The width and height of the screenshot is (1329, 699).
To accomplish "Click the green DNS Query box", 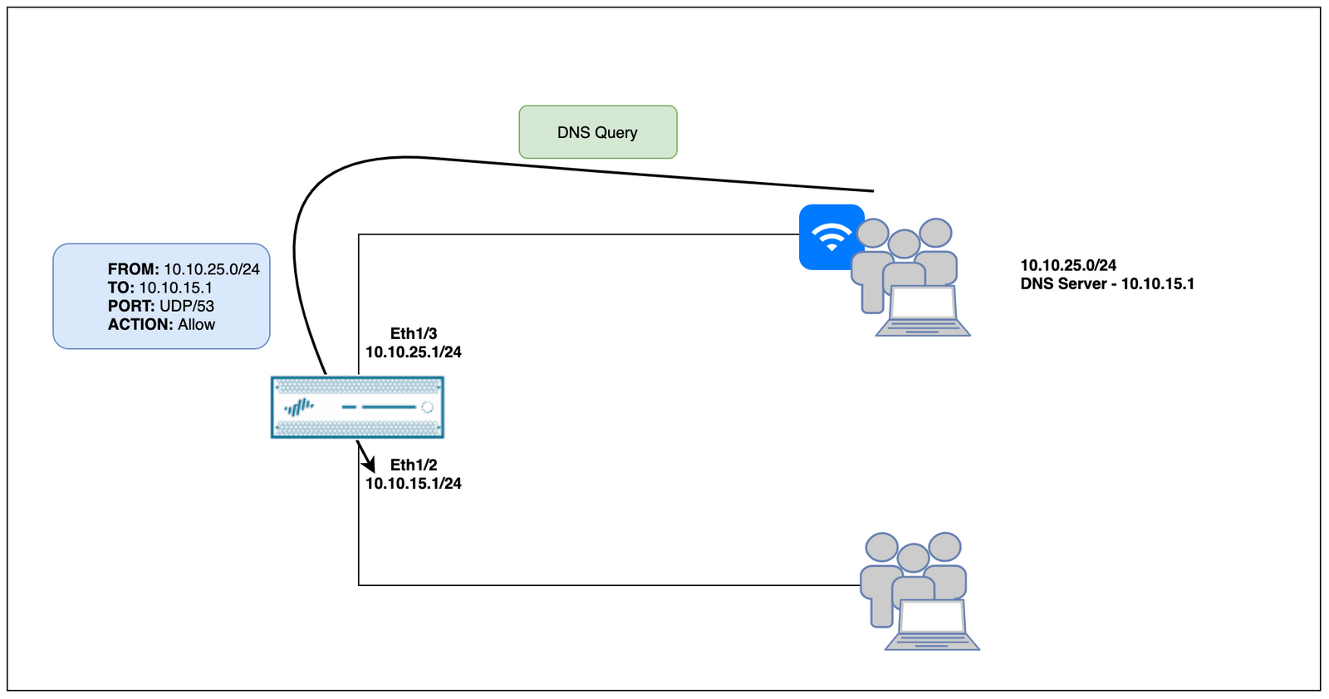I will click(x=597, y=132).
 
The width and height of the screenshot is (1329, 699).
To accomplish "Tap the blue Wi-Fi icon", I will click(x=830, y=236).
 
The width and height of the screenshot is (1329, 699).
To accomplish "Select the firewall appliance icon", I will click(x=357, y=407).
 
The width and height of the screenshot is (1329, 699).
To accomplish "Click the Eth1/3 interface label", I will click(x=414, y=333).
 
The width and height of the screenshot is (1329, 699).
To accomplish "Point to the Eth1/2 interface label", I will click(x=414, y=465).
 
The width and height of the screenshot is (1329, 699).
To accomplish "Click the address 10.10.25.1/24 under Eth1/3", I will click(x=414, y=352).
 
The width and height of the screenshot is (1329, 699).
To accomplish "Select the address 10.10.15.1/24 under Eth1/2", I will click(x=414, y=483).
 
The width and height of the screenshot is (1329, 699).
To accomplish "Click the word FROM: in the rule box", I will click(x=133, y=269).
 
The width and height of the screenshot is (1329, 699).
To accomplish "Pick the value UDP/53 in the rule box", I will click(x=187, y=306).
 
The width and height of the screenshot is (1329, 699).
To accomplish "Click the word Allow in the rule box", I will click(x=197, y=324).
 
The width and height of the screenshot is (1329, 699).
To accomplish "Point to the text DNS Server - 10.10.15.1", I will click(x=1107, y=283).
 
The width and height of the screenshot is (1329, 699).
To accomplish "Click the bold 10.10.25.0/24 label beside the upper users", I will click(x=1068, y=265).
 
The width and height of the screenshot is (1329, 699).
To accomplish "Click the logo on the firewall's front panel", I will click(x=299, y=407).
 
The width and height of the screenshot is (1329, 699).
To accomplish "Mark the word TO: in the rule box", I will click(x=121, y=288).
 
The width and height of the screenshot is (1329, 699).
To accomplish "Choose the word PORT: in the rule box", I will click(x=131, y=306).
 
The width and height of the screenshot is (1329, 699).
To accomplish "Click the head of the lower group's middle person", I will click(x=913, y=558).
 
